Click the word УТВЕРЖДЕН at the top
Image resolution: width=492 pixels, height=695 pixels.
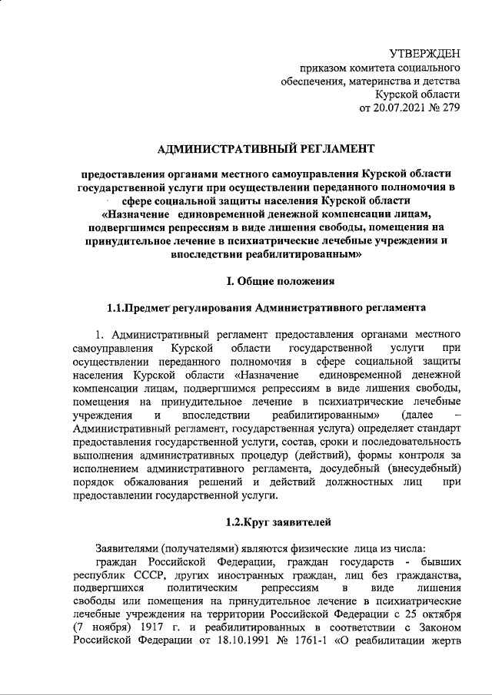(x=424, y=53)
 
